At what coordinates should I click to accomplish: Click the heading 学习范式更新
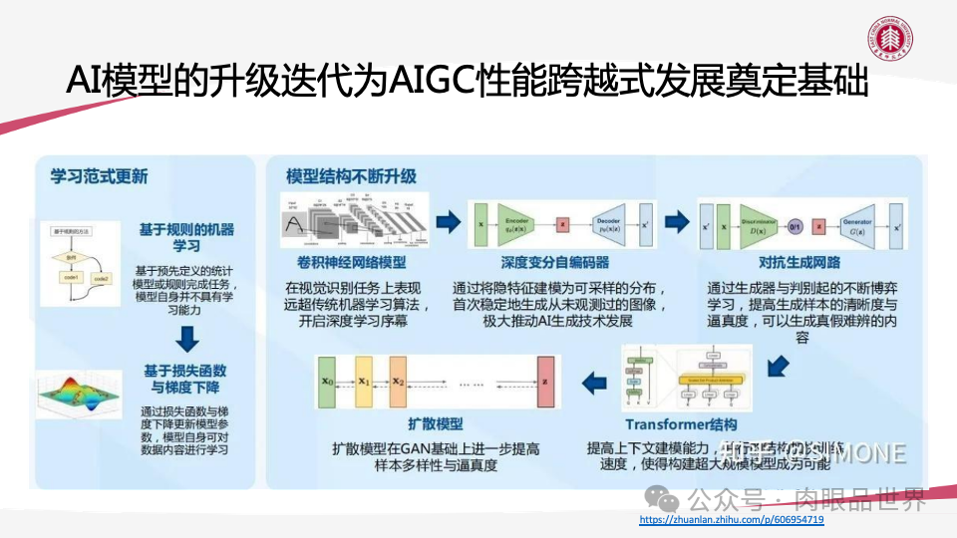point(100,176)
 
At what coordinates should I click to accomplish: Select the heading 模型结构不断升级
point(351,176)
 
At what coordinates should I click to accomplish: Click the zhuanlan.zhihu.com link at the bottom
point(731,520)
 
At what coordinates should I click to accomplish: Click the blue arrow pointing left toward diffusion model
point(594,380)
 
